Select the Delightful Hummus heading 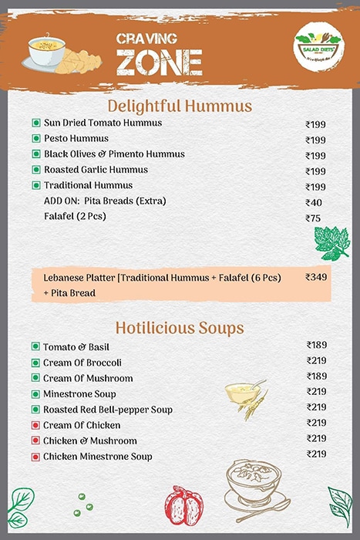pos(180,105)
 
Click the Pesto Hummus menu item pos(76,139)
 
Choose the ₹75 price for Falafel pos(313,218)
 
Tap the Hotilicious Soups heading pos(180,327)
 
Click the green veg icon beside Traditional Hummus pos(35,186)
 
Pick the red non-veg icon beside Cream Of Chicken pos(35,425)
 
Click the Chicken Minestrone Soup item pos(97,457)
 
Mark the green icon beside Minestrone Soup pos(35,393)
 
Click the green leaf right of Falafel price pos(331,243)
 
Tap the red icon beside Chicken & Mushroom pos(35,441)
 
